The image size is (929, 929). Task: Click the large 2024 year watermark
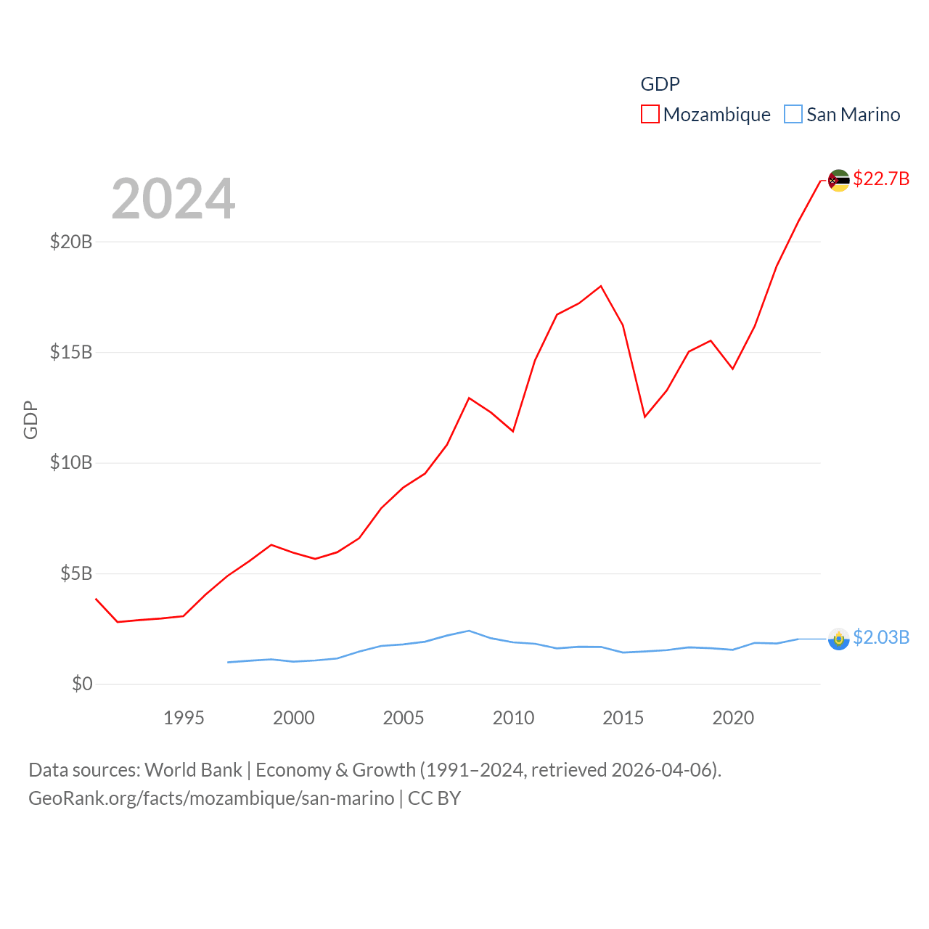tap(173, 199)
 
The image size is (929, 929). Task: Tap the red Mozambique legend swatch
tap(650, 115)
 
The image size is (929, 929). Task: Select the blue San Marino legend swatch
tap(793, 115)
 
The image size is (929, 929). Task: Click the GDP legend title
tap(660, 84)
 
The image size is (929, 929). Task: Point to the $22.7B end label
tap(881, 179)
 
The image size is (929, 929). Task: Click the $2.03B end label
tap(881, 637)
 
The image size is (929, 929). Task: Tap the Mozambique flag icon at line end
tap(839, 180)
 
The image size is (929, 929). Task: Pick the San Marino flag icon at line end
tap(839, 639)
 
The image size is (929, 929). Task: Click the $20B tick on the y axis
tap(71, 242)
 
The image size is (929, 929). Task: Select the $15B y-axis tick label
tap(71, 353)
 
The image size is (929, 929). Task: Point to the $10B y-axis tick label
tap(71, 463)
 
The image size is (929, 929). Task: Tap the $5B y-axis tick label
tap(76, 574)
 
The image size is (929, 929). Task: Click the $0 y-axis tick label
tap(82, 684)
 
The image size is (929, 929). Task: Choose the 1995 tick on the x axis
tap(184, 718)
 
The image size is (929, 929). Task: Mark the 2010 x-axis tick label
tap(513, 718)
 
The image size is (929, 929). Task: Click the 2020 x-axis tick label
tap(733, 718)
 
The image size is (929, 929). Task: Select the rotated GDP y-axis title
tap(30, 420)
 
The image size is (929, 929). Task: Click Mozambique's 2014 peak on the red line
tap(601, 286)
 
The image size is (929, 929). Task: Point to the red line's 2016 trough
tap(644, 417)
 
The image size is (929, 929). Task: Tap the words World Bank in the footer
tap(193, 770)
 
